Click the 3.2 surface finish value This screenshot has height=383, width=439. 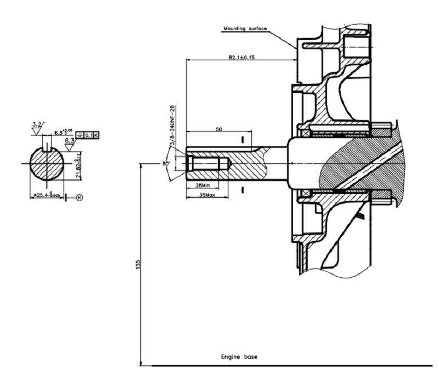coord(37,125)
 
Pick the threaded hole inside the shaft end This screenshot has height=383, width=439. coord(204,163)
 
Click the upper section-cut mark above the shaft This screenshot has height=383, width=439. coord(242,140)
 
